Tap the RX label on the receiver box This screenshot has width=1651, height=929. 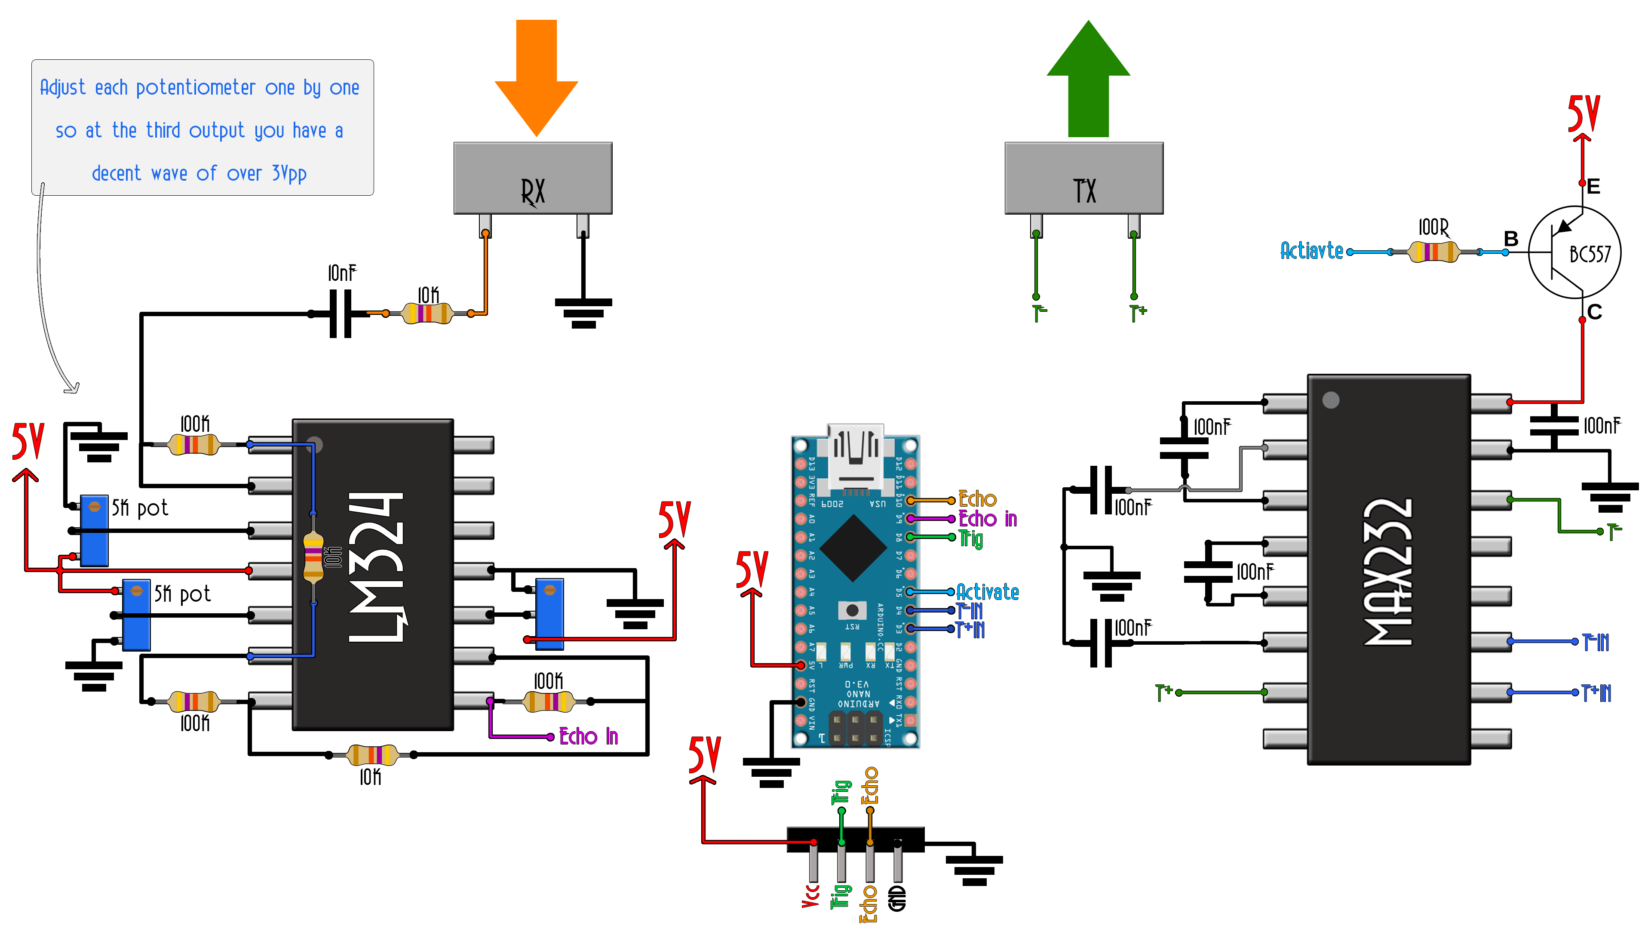tap(533, 191)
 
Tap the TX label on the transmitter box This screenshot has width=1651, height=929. tap(1084, 191)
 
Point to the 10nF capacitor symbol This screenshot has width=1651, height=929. tap(341, 314)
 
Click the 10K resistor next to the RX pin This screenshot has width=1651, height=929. tap(427, 314)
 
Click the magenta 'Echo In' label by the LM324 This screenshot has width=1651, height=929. tap(588, 736)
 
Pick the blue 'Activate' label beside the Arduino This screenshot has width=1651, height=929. tap(988, 592)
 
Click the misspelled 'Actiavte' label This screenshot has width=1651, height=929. tap(1311, 251)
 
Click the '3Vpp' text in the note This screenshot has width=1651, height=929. tap(289, 174)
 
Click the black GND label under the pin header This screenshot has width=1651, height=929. tap(897, 898)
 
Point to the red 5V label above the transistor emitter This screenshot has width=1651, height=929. tap(1583, 114)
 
